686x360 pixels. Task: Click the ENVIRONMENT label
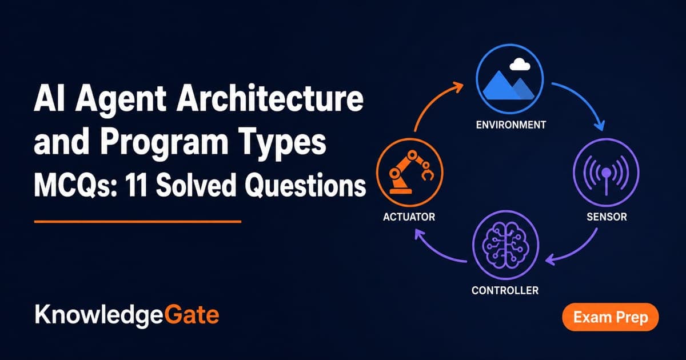tap(511, 125)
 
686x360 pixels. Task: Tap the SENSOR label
tap(607, 217)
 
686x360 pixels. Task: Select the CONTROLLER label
tap(505, 290)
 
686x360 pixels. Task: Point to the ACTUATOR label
tap(409, 217)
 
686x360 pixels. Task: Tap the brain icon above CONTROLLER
tap(505, 245)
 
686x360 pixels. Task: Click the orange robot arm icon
tap(411, 172)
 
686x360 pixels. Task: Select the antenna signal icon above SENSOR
tap(606, 174)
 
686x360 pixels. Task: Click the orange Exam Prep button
tap(611, 317)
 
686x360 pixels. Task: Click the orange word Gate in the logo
tap(192, 315)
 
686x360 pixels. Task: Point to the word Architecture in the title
tap(269, 98)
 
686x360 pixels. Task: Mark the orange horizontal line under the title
tap(138, 221)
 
